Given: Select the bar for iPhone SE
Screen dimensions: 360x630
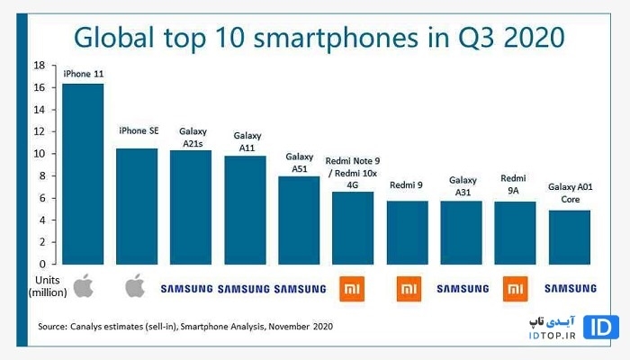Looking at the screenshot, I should (x=137, y=206).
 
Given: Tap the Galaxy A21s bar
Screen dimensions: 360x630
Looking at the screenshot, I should (x=191, y=207).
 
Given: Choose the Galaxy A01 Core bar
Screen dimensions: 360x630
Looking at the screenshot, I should (x=570, y=237).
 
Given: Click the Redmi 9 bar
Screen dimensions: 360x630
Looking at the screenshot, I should (x=407, y=232).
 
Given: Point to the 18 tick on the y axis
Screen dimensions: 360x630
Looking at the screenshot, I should (x=40, y=66).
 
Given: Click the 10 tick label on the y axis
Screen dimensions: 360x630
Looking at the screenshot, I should (x=40, y=154).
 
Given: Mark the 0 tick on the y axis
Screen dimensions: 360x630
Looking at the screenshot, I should (x=42, y=265).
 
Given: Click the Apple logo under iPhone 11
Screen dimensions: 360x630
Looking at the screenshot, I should (x=83, y=287).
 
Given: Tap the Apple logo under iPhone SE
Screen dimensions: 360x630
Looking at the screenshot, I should (x=137, y=287).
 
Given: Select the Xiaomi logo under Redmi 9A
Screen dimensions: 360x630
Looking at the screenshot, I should (x=516, y=288).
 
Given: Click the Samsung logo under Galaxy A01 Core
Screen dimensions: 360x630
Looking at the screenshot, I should (x=570, y=288).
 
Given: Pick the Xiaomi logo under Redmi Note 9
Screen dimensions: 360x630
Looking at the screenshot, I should (x=353, y=288).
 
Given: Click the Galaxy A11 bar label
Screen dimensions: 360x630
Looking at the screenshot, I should (x=247, y=141).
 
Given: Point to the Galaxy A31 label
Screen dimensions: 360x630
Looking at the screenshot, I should (x=463, y=185).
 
